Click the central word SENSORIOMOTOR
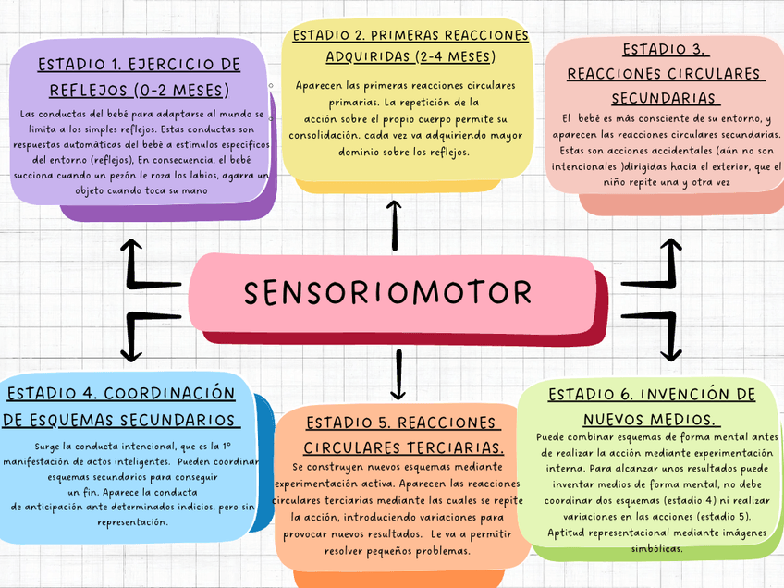coord(388,293)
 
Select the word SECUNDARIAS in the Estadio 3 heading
coord(664,98)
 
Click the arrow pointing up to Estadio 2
coord(395,225)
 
